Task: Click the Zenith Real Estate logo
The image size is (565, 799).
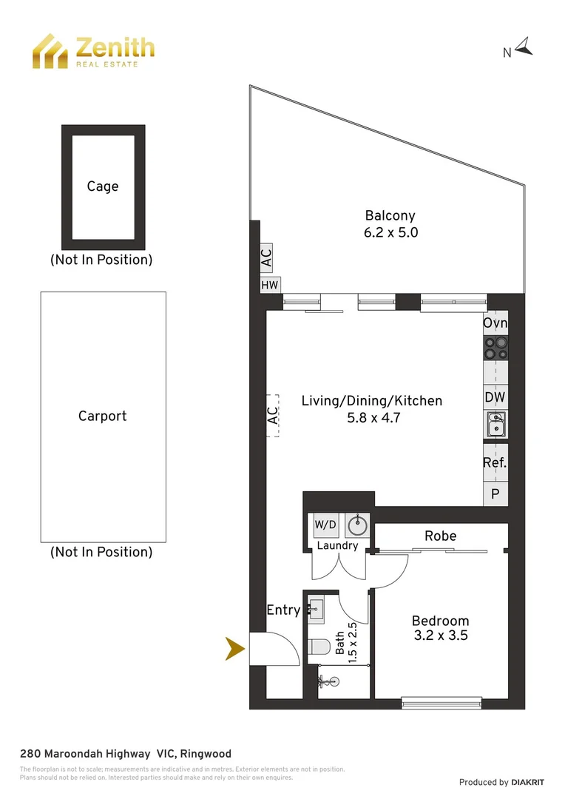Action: point(92,50)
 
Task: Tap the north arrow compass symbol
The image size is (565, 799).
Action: point(524,48)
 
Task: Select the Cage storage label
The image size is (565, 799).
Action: point(103,186)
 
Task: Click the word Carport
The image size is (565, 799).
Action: point(103,416)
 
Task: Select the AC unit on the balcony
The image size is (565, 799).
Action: point(266,257)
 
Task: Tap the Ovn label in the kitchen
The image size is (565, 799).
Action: point(495,323)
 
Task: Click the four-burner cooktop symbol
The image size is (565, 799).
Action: point(495,348)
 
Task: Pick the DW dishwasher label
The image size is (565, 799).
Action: point(495,397)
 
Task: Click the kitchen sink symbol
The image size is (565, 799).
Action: point(495,424)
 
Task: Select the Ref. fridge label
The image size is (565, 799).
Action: point(495,463)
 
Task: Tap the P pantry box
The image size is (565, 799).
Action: point(495,494)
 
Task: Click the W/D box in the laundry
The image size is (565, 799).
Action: point(325,525)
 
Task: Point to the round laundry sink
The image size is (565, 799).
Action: point(358,525)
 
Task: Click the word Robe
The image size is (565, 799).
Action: point(440,536)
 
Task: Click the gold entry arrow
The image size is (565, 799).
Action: point(235,650)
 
